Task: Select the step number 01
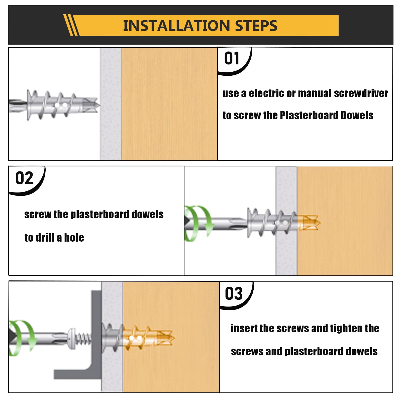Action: click(x=232, y=58)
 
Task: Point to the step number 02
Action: click(x=24, y=178)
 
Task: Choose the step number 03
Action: click(x=234, y=293)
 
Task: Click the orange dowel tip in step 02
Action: click(x=311, y=223)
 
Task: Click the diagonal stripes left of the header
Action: click(x=71, y=25)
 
